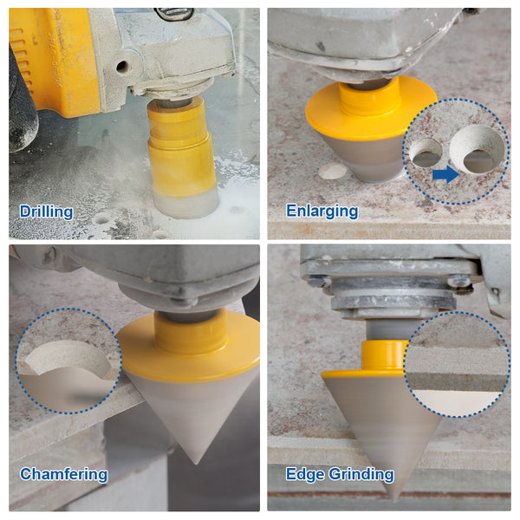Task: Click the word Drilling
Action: (46, 211)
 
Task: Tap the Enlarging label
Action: (322, 211)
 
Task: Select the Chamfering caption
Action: (63, 474)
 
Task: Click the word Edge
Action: (305, 474)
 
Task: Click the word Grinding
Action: (361, 474)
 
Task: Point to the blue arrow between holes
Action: (445, 174)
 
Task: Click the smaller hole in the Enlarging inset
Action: (426, 153)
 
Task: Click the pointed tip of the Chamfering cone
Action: (197, 462)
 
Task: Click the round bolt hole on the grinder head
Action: (122, 67)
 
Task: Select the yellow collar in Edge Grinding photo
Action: (384, 354)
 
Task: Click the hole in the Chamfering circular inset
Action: (68, 360)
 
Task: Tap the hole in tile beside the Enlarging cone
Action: (333, 172)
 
